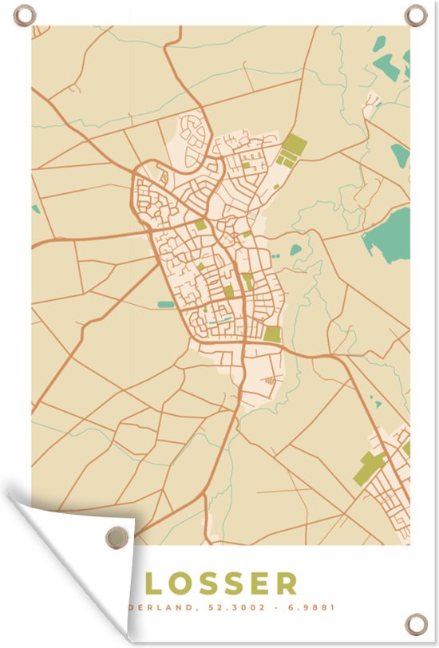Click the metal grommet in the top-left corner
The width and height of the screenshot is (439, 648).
click(25, 15)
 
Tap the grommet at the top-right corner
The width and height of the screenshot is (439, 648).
click(415, 14)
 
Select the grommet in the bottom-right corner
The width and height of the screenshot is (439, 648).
click(416, 623)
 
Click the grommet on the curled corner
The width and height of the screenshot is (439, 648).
click(117, 536)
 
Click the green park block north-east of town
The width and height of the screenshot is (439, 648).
click(291, 148)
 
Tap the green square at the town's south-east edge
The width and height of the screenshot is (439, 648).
click(273, 334)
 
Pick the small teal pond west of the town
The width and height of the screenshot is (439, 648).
click(166, 304)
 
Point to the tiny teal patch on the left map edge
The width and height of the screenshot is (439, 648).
click(35, 209)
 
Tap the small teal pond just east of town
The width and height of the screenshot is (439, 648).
click(296, 250)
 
